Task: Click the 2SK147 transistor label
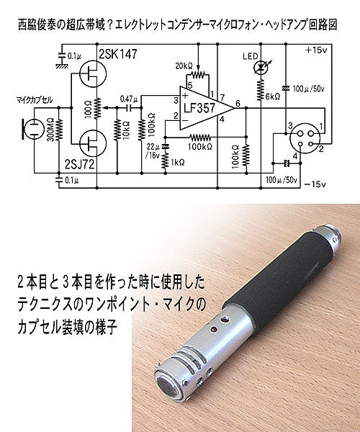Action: pyautogui.click(x=117, y=54)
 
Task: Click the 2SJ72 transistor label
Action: pyautogui.click(x=80, y=164)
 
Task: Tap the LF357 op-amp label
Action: pyautogui.click(x=199, y=108)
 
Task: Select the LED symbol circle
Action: pyautogui.click(x=261, y=67)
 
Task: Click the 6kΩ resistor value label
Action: pyautogui.click(x=273, y=96)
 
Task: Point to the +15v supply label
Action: pyautogui.click(x=316, y=50)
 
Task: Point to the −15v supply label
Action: pyautogui.click(x=315, y=184)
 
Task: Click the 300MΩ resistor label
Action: pyautogui.click(x=50, y=130)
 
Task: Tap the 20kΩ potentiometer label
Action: pyautogui.click(x=184, y=66)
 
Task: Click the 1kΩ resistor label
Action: pyautogui.click(x=178, y=162)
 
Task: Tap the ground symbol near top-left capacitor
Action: pyautogui.click(x=62, y=66)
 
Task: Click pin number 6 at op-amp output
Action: pyautogui.click(x=238, y=103)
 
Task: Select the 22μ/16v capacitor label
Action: pyautogui.click(x=153, y=151)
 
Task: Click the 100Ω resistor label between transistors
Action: pyautogui.click(x=89, y=109)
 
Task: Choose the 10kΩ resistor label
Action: pyautogui.click(x=127, y=130)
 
